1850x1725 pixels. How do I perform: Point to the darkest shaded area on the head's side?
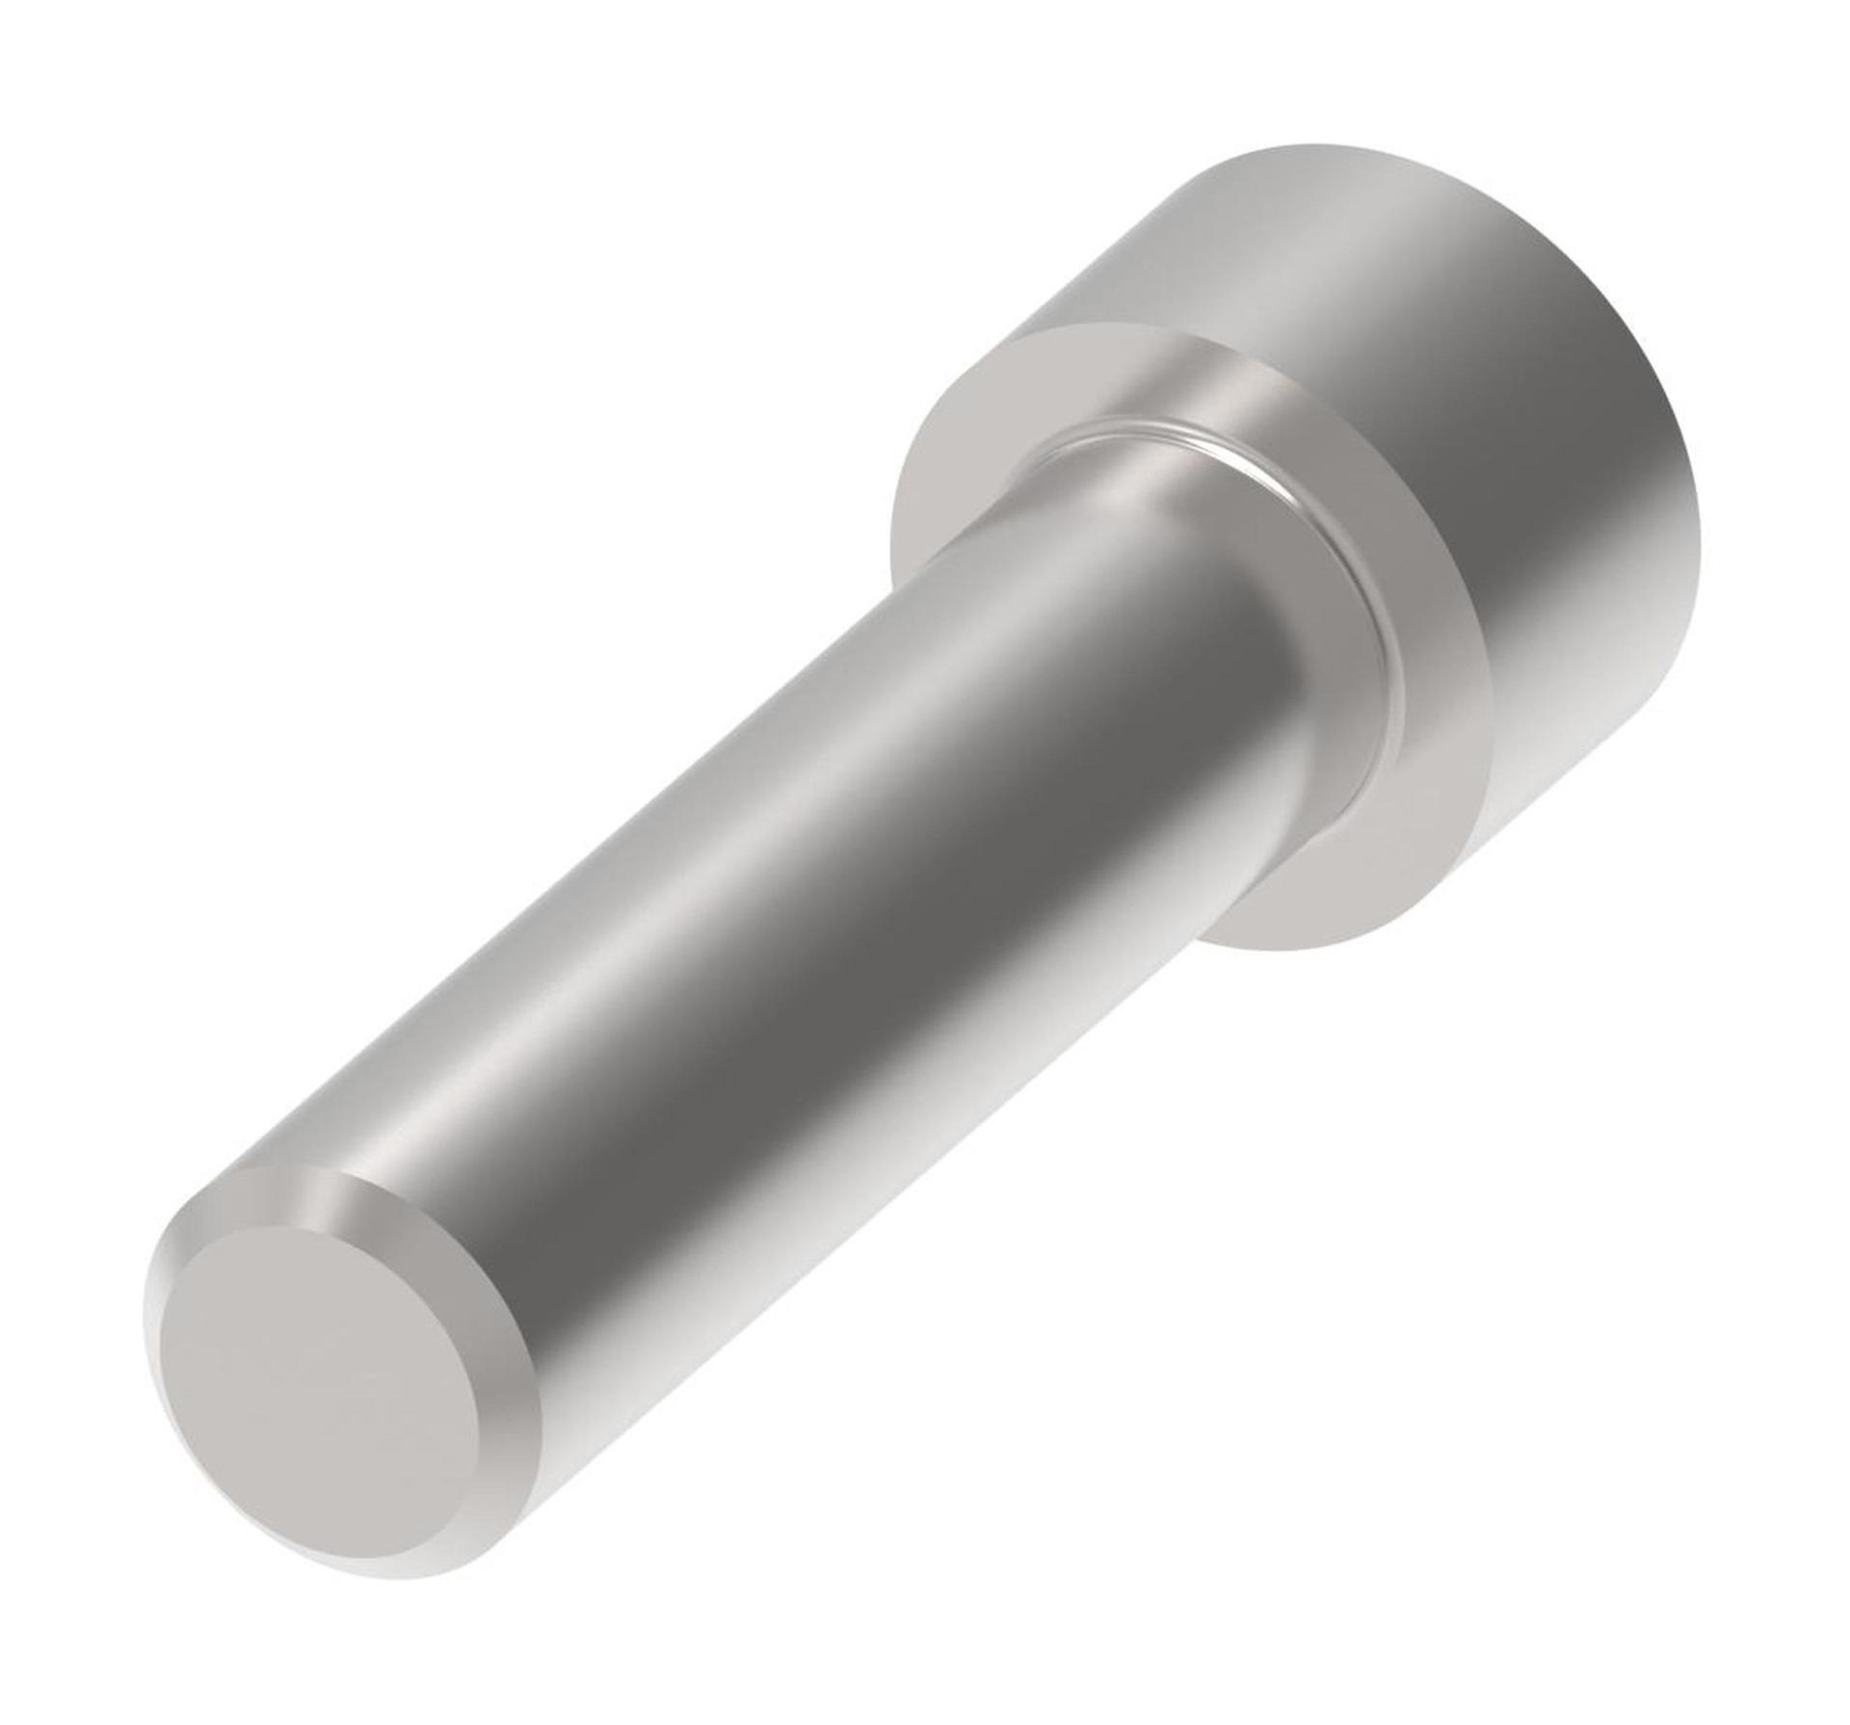click(1580, 501)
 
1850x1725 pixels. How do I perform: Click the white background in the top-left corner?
click(77, 77)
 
